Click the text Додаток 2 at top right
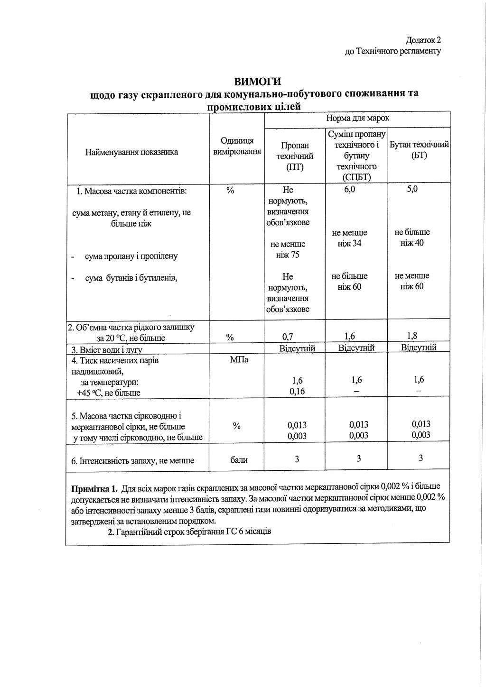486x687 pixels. (x=424, y=40)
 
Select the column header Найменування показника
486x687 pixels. (x=131, y=152)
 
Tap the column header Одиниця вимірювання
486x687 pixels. (x=237, y=146)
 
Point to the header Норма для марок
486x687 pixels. (x=357, y=118)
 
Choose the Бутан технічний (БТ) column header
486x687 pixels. (x=419, y=150)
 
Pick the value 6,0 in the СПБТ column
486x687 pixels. (x=349, y=189)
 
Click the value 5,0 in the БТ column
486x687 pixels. (x=412, y=189)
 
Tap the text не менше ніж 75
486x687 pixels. (x=288, y=249)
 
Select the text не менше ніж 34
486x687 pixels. (x=349, y=238)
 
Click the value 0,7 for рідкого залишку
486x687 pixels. (x=288, y=337)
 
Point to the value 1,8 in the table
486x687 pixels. (x=412, y=336)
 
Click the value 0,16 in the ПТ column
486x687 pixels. (x=297, y=391)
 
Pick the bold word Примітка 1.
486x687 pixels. (x=94, y=487)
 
